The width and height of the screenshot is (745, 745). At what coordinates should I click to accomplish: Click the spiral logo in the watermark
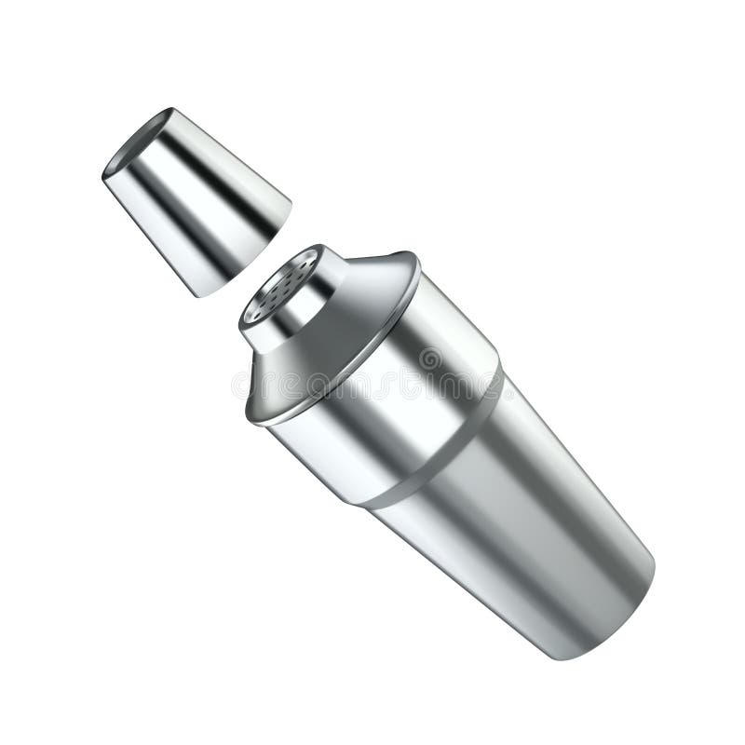[430, 359]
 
